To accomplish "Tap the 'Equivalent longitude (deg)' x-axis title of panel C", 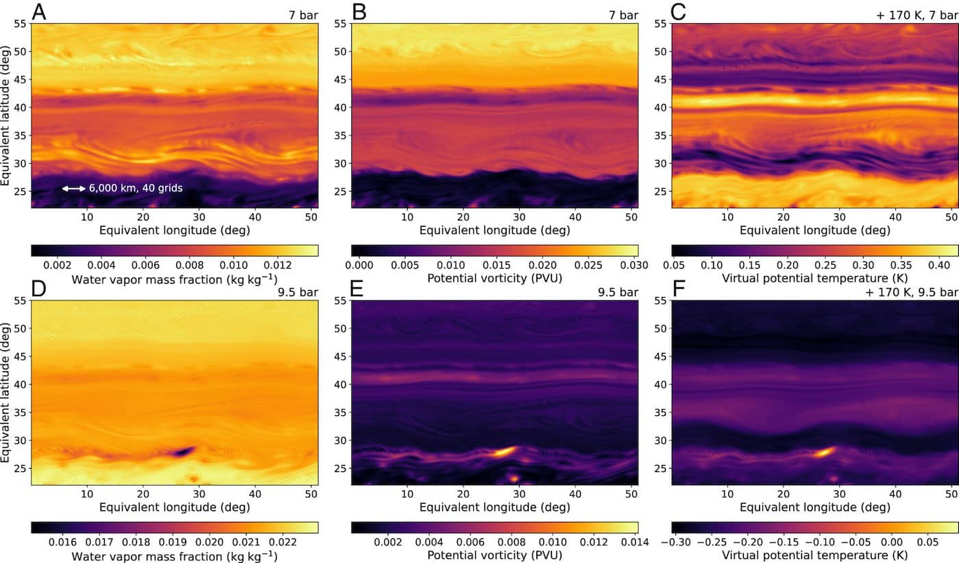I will pyautogui.click(x=815, y=230).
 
